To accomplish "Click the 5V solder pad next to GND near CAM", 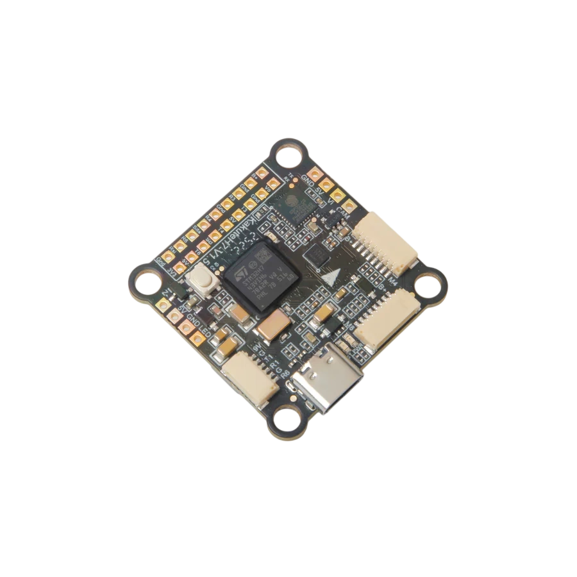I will click(x=327, y=184).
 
